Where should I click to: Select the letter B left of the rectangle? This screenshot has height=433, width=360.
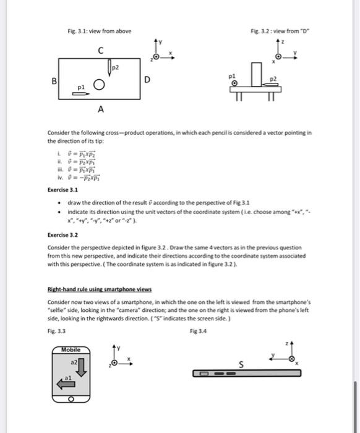54,81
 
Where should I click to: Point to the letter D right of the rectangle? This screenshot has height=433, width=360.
147,79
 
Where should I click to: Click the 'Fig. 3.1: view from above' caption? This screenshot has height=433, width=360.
99,31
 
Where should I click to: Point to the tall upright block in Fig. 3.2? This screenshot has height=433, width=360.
255,75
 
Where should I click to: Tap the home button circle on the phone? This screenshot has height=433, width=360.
72,400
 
